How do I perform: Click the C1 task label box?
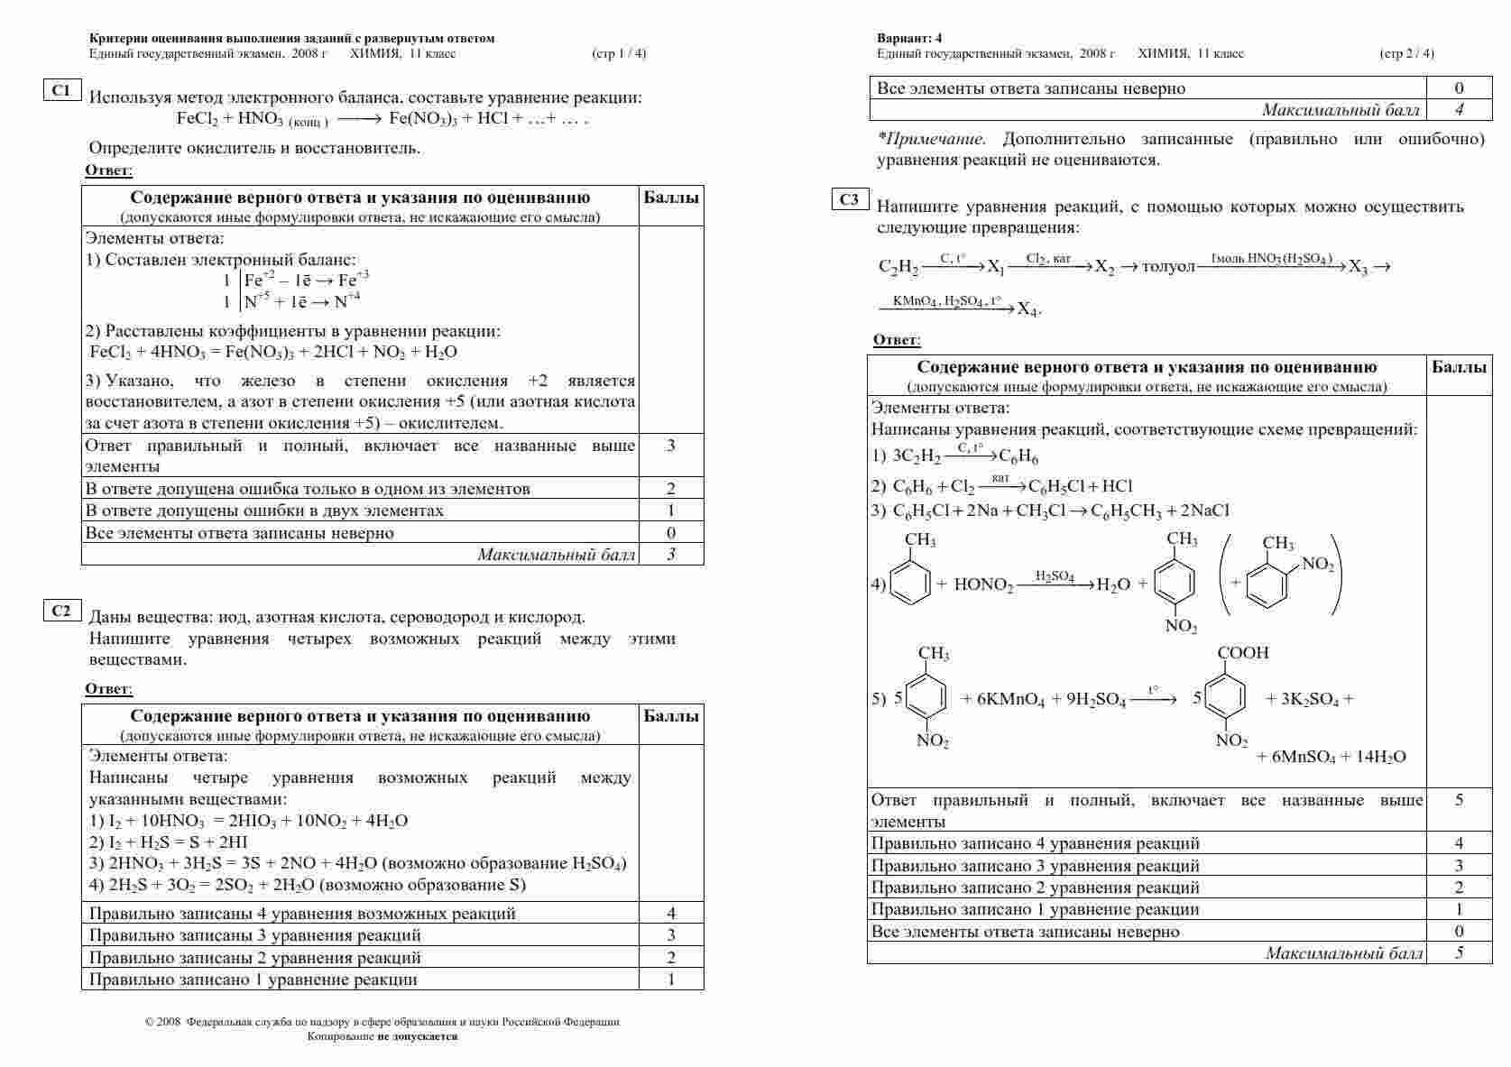pyautogui.click(x=61, y=90)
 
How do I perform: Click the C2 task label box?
pyautogui.click(x=61, y=612)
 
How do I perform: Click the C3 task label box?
pyautogui.click(x=849, y=200)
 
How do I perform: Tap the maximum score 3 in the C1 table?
pyautogui.click(x=671, y=555)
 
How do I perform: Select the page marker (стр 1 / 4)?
pyautogui.click(x=619, y=53)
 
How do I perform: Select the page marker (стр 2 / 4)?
pyautogui.click(x=1406, y=53)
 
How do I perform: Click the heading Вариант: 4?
pyautogui.click(x=909, y=38)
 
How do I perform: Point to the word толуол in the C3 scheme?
pyautogui.click(x=1168, y=267)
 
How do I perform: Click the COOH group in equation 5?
pyautogui.click(x=1243, y=653)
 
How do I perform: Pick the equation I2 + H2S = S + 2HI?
pyautogui.click(x=169, y=842)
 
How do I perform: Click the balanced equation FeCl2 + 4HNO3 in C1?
pyautogui.click(x=273, y=352)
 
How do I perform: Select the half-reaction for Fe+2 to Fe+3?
pyautogui.click(x=307, y=280)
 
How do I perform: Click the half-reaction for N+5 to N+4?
pyautogui.click(x=302, y=301)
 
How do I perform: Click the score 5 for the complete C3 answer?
pyautogui.click(x=1459, y=800)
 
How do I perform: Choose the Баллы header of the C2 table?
pyautogui.click(x=671, y=716)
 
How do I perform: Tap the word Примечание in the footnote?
pyautogui.click(x=937, y=140)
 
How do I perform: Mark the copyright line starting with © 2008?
pyautogui.click(x=382, y=1022)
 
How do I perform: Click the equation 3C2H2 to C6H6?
pyautogui.click(x=955, y=456)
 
